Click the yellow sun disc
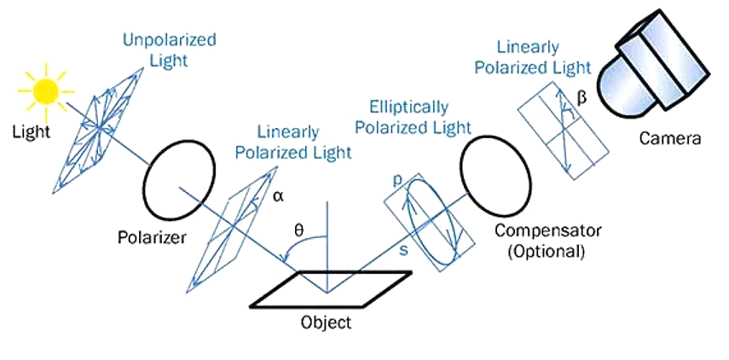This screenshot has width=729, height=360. [45, 90]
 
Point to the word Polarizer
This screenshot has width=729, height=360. [152, 237]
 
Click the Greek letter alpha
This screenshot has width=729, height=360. [279, 197]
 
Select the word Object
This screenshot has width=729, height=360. [326, 322]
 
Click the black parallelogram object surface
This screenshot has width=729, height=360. [331, 289]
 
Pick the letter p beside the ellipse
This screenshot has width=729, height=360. [396, 183]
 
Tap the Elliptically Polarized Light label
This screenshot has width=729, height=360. [414, 117]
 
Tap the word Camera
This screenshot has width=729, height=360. [669, 137]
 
